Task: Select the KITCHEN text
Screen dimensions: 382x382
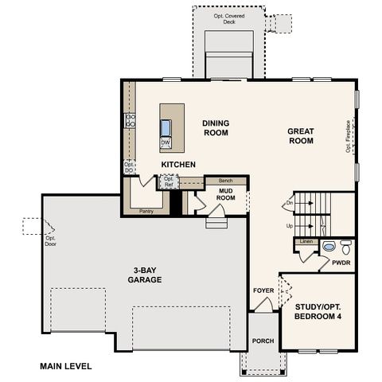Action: [x=178, y=165]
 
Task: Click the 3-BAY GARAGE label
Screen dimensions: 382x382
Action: [x=145, y=275]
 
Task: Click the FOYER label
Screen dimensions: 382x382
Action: [x=263, y=290]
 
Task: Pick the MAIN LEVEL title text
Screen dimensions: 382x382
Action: [x=65, y=367]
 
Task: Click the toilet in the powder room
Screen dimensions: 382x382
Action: [x=345, y=246]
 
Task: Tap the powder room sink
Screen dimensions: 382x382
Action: [x=329, y=247]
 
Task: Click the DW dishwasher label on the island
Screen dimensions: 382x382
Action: [x=166, y=143]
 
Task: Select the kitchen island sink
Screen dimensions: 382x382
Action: [x=166, y=127]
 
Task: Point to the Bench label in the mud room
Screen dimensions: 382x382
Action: [x=226, y=181]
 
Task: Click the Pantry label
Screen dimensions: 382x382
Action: [x=146, y=212]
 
